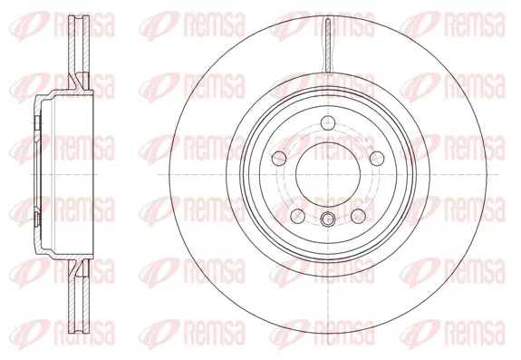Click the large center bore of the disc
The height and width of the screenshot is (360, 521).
328,175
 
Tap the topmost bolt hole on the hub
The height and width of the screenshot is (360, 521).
328,123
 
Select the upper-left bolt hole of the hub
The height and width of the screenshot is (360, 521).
279,158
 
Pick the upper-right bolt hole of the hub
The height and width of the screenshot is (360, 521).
377,158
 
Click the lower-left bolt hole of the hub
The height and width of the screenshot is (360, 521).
298,216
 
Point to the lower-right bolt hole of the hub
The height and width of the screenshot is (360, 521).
359,216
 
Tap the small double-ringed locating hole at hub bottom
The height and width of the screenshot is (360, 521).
328,219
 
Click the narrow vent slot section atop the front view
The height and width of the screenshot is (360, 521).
328,44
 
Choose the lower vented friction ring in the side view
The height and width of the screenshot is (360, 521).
79,296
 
